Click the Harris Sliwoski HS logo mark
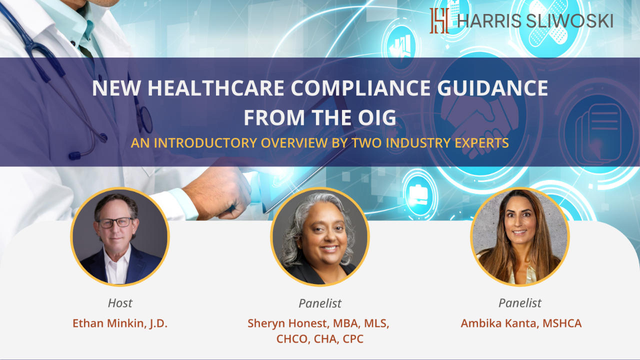pyautogui.click(x=439, y=20)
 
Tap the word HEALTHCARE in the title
pyautogui.click(x=215, y=88)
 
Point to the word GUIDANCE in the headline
pyautogui.click(x=492, y=88)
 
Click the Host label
pyautogui.click(x=120, y=303)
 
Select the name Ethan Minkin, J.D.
pyautogui.click(x=120, y=323)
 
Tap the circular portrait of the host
pyautogui.click(x=120, y=237)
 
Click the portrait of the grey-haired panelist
pyautogui.click(x=320, y=237)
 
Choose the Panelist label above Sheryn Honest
pyautogui.click(x=320, y=303)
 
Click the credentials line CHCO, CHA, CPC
pyautogui.click(x=320, y=339)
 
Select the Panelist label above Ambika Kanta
pyautogui.click(x=520, y=303)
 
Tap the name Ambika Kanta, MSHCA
pyautogui.click(x=521, y=323)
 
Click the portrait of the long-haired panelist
pyautogui.click(x=520, y=237)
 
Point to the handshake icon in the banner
pyautogui.click(x=480, y=123)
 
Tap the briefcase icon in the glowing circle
pyautogui.click(x=418, y=195)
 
